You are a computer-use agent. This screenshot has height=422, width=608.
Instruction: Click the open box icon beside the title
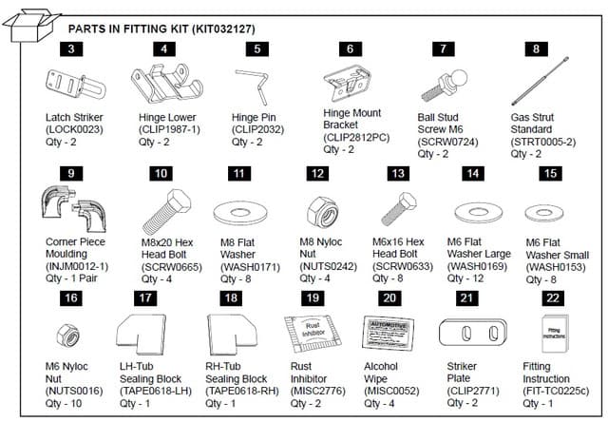30,25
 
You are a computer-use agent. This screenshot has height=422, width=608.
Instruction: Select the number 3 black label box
71,48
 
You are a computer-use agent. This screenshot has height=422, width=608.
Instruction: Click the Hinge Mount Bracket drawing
348,83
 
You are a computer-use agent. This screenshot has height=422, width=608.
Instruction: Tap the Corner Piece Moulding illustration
72,208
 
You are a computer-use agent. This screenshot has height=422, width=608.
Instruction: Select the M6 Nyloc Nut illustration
72,333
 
